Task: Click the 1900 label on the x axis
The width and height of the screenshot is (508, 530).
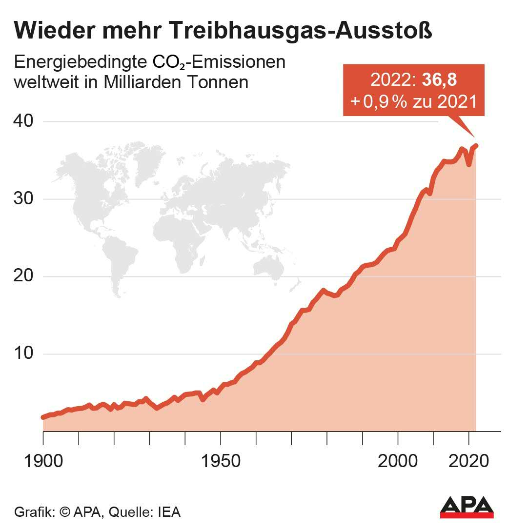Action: pyautogui.click(x=43, y=461)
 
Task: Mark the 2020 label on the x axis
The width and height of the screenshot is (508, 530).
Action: pyautogui.click(x=468, y=461)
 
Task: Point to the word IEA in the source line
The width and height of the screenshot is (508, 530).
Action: pyautogui.click(x=169, y=513)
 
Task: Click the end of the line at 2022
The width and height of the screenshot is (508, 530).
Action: pyautogui.click(x=476, y=145)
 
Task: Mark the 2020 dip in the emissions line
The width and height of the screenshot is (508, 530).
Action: pyautogui.click(x=469, y=164)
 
